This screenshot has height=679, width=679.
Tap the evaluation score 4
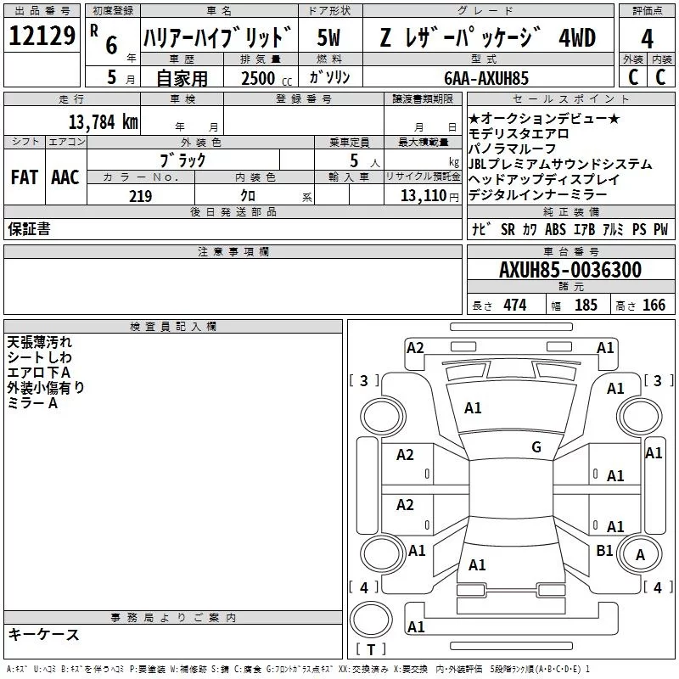(x=647, y=38)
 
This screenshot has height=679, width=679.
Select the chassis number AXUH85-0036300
(x=570, y=270)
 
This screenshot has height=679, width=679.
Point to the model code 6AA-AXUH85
(x=485, y=78)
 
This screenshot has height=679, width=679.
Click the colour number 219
(x=140, y=196)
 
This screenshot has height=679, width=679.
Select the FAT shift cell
(x=24, y=177)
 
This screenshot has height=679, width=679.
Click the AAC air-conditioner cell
(x=65, y=177)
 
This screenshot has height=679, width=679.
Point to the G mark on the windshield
(x=536, y=447)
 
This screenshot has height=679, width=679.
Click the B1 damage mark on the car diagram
(x=604, y=551)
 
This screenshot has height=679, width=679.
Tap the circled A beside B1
(x=641, y=554)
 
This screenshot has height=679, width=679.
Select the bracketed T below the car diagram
(x=370, y=649)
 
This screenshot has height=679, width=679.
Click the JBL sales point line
(x=560, y=165)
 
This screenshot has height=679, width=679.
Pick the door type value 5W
(x=329, y=38)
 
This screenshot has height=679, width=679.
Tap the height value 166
(x=654, y=306)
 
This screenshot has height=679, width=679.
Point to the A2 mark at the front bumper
(x=415, y=347)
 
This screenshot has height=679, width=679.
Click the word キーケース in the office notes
(x=44, y=635)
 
